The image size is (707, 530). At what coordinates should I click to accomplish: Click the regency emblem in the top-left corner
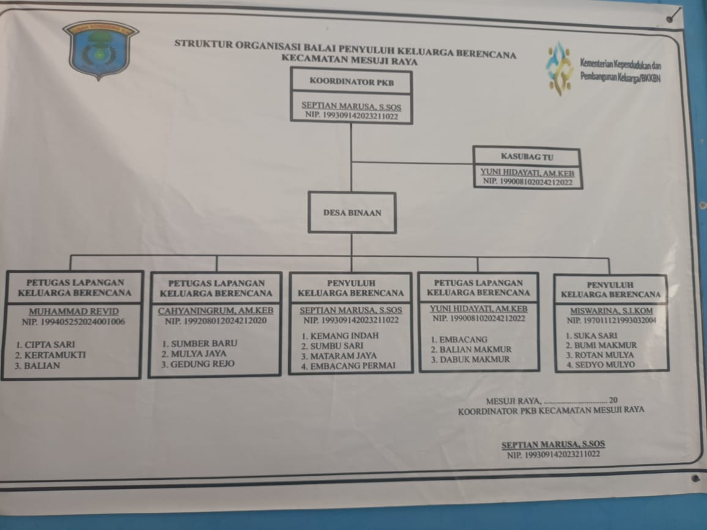click(100, 50)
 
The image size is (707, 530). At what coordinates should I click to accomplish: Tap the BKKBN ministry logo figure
click(559, 67)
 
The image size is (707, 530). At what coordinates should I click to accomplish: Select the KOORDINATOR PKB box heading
click(351, 80)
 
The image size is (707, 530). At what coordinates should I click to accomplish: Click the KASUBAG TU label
click(527, 157)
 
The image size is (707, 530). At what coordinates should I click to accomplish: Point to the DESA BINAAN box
click(352, 213)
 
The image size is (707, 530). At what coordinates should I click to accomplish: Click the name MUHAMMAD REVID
click(73, 311)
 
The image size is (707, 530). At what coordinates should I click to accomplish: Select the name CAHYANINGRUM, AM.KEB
click(216, 311)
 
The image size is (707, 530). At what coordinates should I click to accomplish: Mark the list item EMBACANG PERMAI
click(353, 366)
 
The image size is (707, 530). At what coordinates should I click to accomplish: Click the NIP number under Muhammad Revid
click(73, 321)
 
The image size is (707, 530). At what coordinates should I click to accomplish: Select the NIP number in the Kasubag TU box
click(528, 182)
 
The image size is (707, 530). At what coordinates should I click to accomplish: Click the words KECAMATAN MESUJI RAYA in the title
click(349, 61)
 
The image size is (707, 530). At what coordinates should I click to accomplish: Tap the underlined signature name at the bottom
click(553, 445)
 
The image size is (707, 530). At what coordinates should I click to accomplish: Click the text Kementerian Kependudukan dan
click(620, 64)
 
